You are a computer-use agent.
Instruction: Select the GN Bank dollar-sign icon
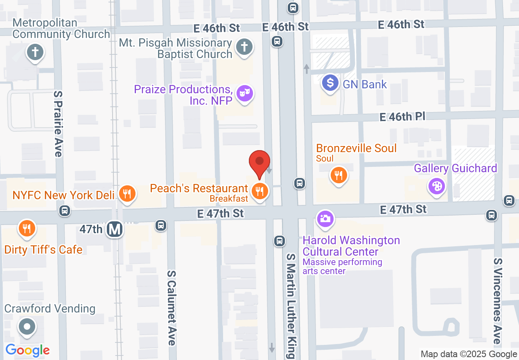click(x=330, y=83)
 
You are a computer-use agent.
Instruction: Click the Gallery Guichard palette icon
click(x=437, y=187)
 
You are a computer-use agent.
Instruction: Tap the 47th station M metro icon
click(x=115, y=229)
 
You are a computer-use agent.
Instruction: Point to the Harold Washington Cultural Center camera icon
click(x=325, y=218)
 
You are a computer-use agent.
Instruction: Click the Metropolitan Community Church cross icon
click(x=35, y=52)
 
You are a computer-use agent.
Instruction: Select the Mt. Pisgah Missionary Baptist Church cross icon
click(x=244, y=47)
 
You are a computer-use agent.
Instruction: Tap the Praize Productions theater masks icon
click(x=245, y=94)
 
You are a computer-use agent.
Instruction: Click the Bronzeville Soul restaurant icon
click(x=338, y=175)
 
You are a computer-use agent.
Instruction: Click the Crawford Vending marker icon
click(x=27, y=326)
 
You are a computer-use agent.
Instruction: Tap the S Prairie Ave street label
click(x=58, y=124)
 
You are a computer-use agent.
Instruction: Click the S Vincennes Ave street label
click(x=497, y=301)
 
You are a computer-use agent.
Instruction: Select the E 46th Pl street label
click(x=402, y=117)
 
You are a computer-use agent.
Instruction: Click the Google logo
click(x=27, y=350)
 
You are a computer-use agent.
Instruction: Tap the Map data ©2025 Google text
click(x=469, y=354)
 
